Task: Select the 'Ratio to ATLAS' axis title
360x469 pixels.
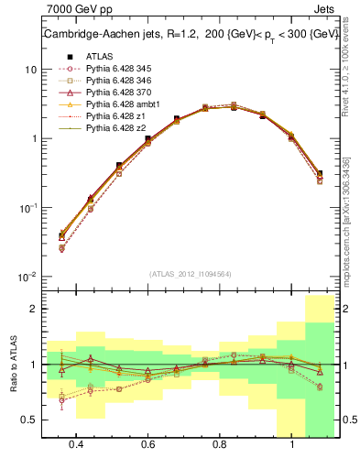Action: pos(12,365)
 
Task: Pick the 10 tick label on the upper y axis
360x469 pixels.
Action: pos(29,70)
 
